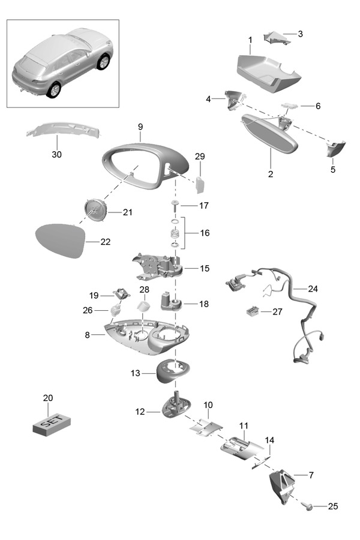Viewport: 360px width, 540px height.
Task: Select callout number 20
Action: point(48,398)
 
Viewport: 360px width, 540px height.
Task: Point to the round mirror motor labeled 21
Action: point(96,211)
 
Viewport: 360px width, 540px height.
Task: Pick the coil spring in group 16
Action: point(175,233)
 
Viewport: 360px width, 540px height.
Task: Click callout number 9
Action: point(140,127)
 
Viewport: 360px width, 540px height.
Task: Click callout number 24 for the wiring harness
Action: point(313,288)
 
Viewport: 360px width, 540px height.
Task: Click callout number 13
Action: point(135,373)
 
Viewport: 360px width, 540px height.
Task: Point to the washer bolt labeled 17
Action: point(175,206)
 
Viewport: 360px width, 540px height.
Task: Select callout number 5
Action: point(333,170)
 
